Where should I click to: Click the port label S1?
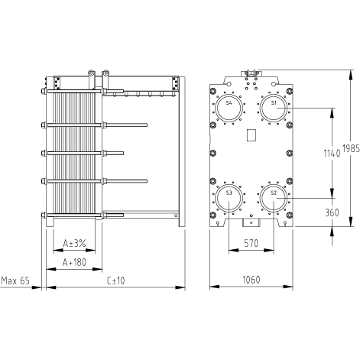click(274, 102)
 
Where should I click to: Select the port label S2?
click(274, 193)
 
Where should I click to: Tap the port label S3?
click(229, 193)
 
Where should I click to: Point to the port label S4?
click(229, 102)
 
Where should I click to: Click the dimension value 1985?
click(351, 148)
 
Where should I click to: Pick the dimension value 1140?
click(332, 153)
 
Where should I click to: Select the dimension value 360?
click(332, 212)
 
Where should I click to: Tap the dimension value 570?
click(251, 243)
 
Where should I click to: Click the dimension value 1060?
click(251, 280)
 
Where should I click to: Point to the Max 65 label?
click(15, 281)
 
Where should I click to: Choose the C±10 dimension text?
click(115, 281)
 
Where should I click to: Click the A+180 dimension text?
click(74, 262)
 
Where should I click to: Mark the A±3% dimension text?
click(74, 244)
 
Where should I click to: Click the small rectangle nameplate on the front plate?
click(251, 135)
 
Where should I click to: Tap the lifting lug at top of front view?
click(251, 73)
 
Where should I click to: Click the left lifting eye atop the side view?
click(91, 73)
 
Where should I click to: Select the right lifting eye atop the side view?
click(105, 73)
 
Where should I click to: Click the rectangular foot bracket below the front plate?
click(251, 222)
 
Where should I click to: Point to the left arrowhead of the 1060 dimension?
click(214, 287)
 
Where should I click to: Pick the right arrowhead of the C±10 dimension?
click(180, 287)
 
